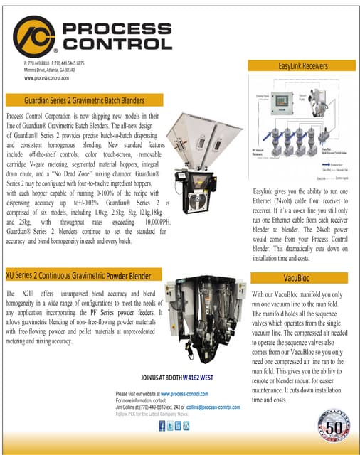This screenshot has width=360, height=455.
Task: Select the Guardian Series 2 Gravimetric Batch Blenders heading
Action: (84, 100)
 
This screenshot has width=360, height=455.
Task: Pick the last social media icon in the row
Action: (186, 426)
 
